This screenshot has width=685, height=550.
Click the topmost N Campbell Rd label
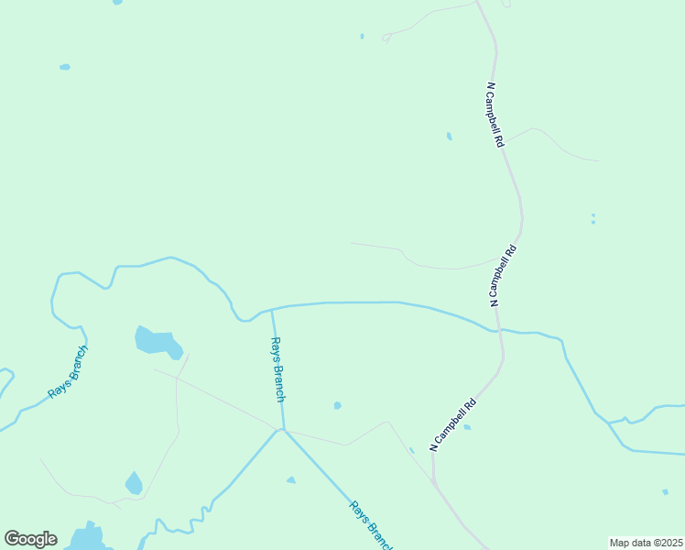(x=495, y=115)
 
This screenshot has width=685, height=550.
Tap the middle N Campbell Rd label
(x=504, y=275)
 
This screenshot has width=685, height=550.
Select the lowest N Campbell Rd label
(x=453, y=423)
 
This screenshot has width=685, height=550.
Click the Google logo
(x=30, y=539)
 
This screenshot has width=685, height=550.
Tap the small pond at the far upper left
(x=65, y=67)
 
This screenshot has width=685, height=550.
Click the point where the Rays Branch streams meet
(x=283, y=429)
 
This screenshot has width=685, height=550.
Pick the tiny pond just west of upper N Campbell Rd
(x=449, y=137)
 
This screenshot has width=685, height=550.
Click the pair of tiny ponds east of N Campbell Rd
(x=593, y=219)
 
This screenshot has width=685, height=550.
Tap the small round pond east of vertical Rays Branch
(x=338, y=405)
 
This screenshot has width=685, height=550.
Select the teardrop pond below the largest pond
(x=134, y=483)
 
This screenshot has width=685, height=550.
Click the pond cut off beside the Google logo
(x=87, y=537)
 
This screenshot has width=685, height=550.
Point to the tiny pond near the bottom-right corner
(x=665, y=492)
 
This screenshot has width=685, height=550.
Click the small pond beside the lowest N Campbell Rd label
(x=467, y=427)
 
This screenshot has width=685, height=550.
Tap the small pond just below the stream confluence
(x=291, y=479)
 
